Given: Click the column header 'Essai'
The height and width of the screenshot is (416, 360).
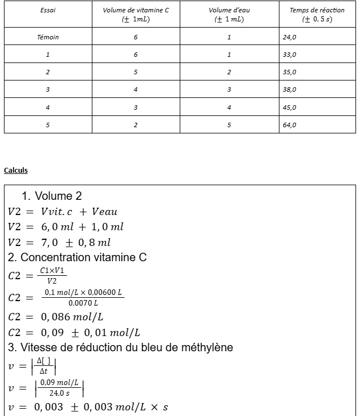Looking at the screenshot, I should click(48, 11).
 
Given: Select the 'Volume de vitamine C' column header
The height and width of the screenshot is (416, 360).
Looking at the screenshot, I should click(136, 11).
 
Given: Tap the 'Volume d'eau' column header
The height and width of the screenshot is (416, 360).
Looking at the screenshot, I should click(229, 11).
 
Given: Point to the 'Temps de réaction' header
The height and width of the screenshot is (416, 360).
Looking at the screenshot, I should click(317, 11).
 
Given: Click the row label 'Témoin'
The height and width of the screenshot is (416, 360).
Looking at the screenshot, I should click(48, 38).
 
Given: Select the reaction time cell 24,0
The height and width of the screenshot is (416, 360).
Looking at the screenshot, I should click(290, 38).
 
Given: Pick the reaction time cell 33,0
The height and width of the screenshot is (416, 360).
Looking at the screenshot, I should click(290, 55).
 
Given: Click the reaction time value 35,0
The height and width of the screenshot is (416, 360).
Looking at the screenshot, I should click(290, 73).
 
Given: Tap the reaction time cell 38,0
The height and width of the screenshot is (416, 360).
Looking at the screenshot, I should click(290, 90).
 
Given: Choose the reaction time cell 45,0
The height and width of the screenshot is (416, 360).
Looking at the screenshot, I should click(290, 108).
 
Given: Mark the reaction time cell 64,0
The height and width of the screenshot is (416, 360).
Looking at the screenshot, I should click(290, 125).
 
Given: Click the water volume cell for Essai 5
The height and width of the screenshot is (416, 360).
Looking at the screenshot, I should click(229, 125).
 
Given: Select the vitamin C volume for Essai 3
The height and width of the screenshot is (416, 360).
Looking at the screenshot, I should click(136, 90).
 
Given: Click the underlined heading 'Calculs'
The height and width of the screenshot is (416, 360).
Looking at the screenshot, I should click(16, 171).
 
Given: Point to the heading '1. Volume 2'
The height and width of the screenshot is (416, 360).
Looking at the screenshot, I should click(52, 196).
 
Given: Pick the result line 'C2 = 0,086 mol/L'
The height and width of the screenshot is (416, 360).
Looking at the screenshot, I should click(56, 317).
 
